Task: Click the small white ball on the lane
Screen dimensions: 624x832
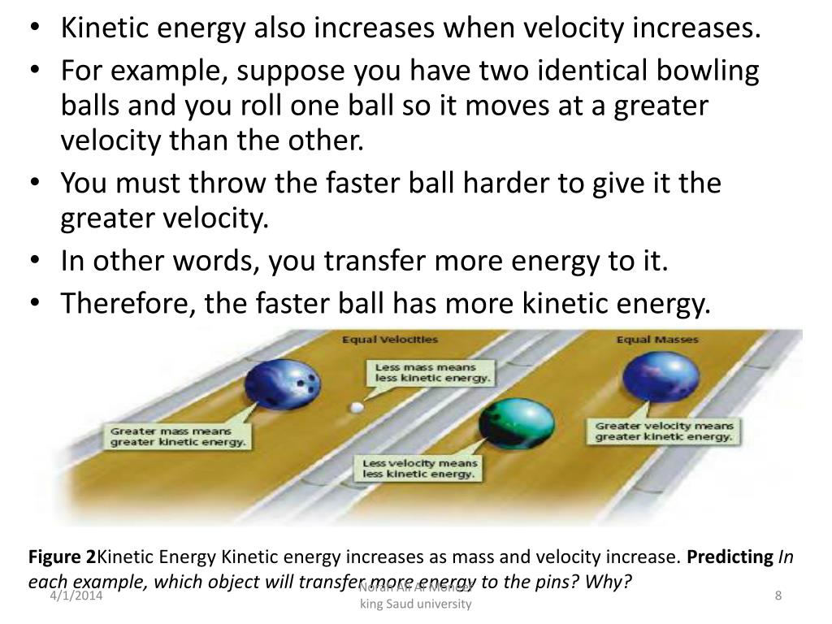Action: pyautogui.click(x=354, y=407)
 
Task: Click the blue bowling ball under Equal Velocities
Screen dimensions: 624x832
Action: pyautogui.click(x=284, y=384)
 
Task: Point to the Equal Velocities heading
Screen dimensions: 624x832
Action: pyautogui.click(x=389, y=339)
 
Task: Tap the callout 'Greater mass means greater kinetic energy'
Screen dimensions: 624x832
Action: pyautogui.click(x=178, y=436)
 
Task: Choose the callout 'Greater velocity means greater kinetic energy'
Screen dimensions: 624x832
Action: pyautogui.click(x=664, y=431)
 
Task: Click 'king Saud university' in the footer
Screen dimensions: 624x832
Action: pyautogui.click(x=415, y=605)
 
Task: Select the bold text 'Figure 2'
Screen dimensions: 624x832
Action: pyautogui.click(x=62, y=557)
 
